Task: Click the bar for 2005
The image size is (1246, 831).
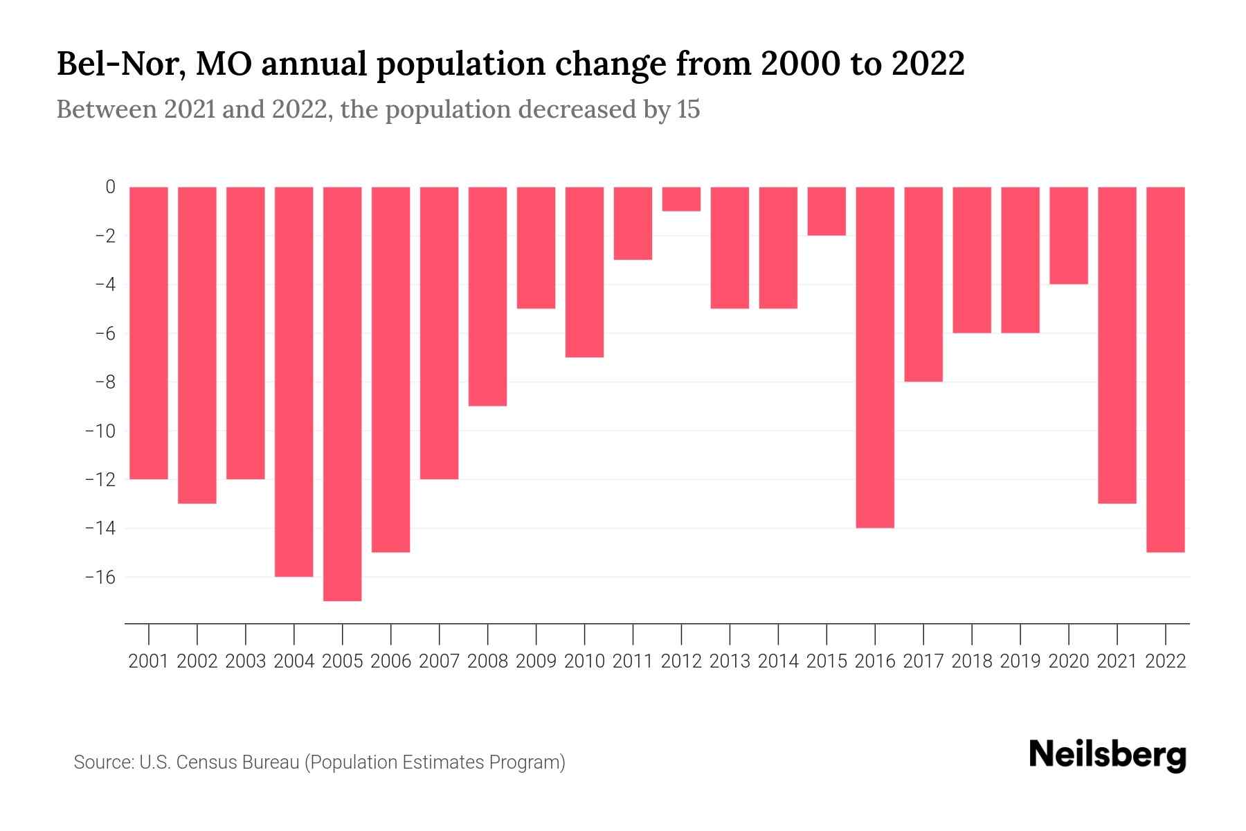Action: (x=342, y=393)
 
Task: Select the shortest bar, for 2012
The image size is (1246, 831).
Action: (x=681, y=199)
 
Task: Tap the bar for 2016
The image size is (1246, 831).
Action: (x=875, y=357)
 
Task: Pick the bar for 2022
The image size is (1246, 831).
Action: (x=1166, y=369)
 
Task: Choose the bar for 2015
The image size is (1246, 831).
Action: (x=827, y=211)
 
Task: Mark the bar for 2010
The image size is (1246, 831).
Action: (x=584, y=271)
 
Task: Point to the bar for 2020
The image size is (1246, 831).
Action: (x=1069, y=235)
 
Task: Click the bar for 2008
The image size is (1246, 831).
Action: (x=487, y=296)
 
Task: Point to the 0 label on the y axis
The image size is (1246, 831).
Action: (x=110, y=187)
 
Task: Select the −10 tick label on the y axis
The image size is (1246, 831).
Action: (x=100, y=431)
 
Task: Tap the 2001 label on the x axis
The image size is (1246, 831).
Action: (x=148, y=661)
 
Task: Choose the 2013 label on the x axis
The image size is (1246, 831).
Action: (x=730, y=661)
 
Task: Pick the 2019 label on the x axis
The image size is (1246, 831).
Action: (x=1020, y=661)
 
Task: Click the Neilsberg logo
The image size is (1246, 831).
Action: (x=1108, y=756)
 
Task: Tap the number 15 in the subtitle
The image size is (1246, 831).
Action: (x=688, y=109)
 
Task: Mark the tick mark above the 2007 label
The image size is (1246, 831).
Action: (x=439, y=634)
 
